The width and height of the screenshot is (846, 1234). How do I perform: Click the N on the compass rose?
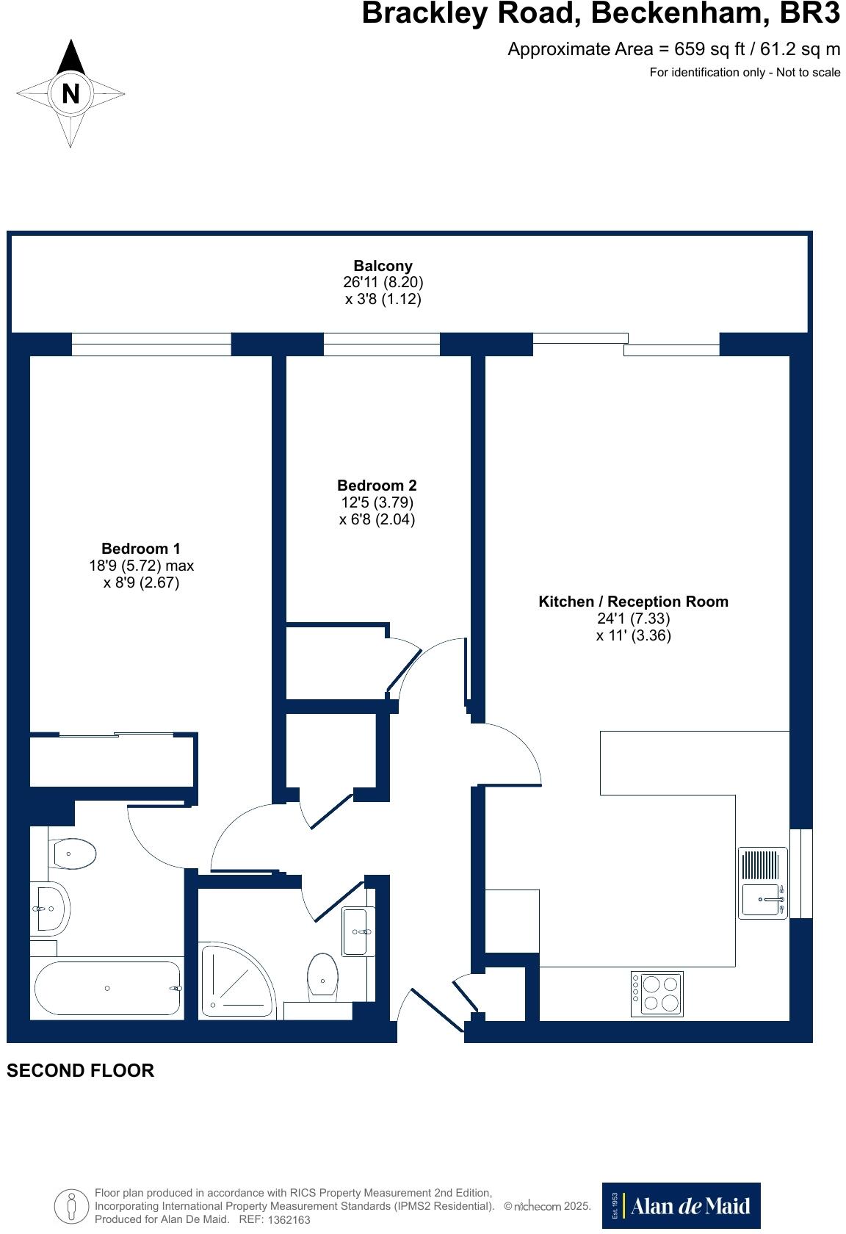click(x=70, y=94)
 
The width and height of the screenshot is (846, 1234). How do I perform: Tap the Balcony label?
click(x=383, y=266)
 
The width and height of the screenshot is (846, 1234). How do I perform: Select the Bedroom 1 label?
click(x=140, y=549)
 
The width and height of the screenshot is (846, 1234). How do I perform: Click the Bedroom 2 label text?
click(x=377, y=486)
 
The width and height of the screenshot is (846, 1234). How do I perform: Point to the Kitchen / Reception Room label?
click(x=633, y=602)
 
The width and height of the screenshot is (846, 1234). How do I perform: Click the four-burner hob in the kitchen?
click(x=657, y=994)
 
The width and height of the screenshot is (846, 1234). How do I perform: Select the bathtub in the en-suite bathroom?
click(x=107, y=989)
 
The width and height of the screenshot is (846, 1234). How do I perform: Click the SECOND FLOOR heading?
click(x=81, y=1070)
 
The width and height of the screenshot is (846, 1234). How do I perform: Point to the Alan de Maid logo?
click(x=681, y=1205)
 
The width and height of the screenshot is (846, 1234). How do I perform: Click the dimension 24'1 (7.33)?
click(x=633, y=619)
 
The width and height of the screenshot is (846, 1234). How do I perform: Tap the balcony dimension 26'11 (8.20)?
click(x=383, y=282)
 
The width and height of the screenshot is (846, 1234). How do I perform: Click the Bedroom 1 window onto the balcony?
click(x=151, y=344)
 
